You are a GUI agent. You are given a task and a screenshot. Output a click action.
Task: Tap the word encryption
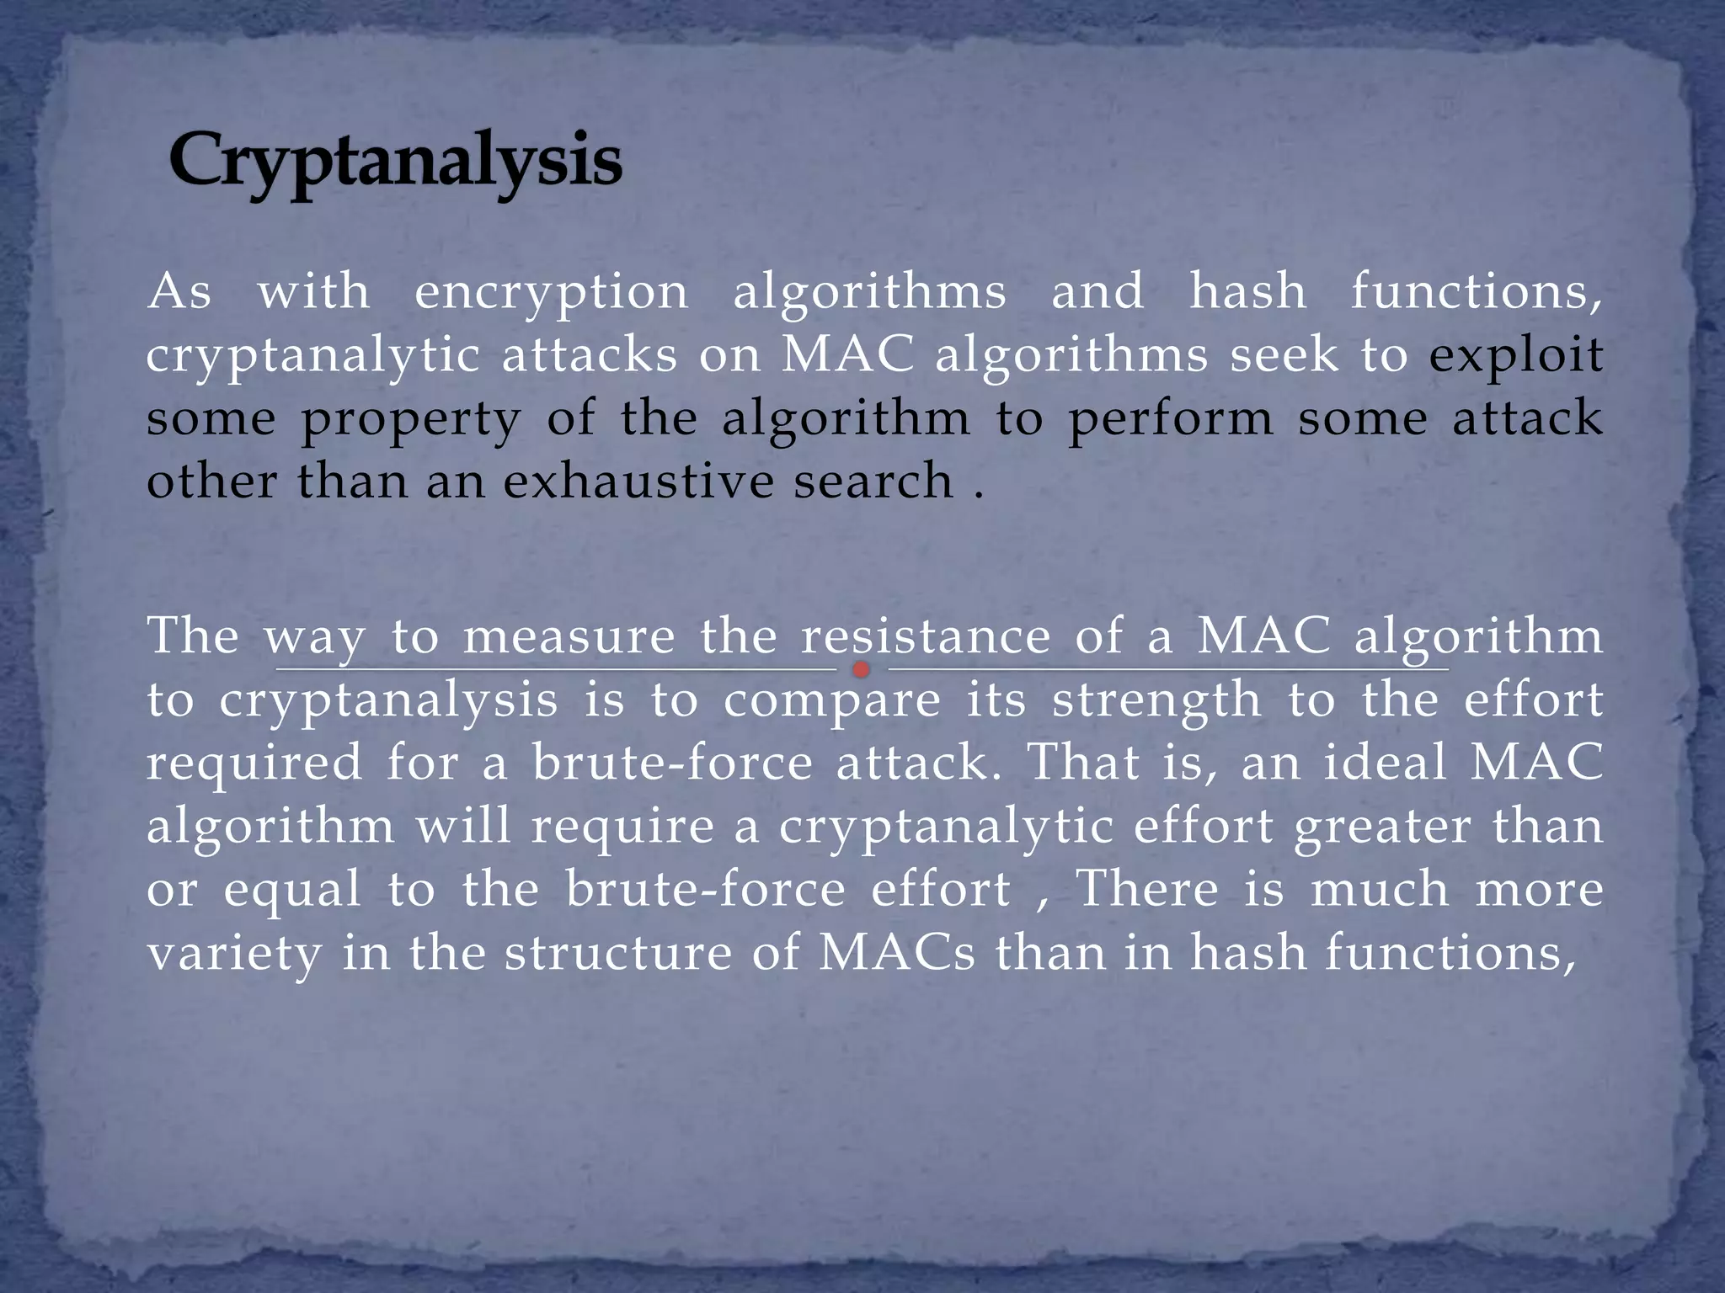coord(552,292)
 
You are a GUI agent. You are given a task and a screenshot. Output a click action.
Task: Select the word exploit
coord(1515,356)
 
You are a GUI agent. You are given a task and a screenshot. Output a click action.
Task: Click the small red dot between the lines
coord(861,670)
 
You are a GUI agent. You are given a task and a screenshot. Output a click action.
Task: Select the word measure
coord(569,636)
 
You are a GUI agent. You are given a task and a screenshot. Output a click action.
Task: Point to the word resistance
coord(926,636)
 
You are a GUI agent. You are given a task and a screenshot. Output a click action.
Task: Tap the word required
coord(254,764)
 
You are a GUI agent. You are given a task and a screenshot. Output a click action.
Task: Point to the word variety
coord(234,955)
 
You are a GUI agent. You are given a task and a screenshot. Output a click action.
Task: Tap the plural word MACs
coord(896,953)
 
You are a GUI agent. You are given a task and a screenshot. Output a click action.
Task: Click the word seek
coord(1283,356)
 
